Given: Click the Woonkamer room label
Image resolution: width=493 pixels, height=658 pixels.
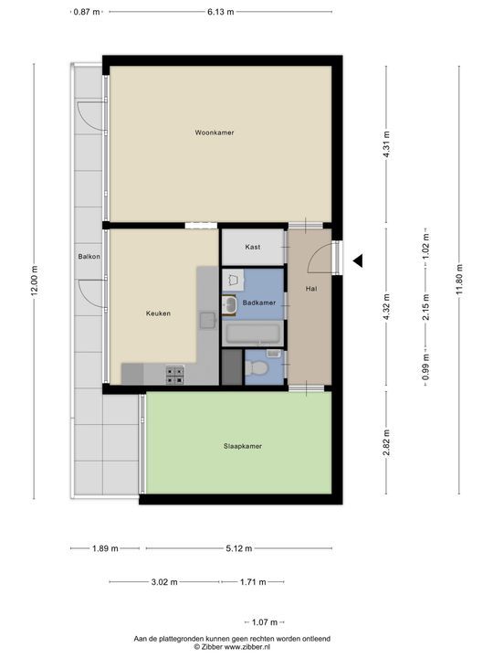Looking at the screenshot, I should click(x=215, y=133).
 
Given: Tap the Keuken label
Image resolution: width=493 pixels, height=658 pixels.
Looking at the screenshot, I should click(x=158, y=313).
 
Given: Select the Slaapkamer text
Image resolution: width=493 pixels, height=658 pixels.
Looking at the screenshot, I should click(x=243, y=446).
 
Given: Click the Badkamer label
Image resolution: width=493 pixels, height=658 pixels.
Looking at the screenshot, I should click(x=259, y=302).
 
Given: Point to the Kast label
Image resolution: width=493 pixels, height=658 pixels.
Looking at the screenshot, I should click(x=253, y=248).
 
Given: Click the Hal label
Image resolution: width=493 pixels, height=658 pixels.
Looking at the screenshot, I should click(x=310, y=290).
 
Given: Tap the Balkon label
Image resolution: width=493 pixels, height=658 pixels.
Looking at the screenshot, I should click(x=88, y=257).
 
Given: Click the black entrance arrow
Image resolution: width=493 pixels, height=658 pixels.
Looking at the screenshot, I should click(x=359, y=260).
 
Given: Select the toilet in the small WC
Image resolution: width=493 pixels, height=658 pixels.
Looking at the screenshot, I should click(x=259, y=368).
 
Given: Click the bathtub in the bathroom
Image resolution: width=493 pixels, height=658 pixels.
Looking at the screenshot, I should click(x=253, y=334).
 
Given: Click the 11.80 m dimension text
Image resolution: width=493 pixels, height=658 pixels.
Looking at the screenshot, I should click(x=458, y=273).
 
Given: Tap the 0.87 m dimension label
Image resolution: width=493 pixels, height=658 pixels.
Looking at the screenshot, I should click(x=87, y=12).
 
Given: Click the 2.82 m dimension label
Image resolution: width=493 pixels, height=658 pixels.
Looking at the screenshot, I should click(x=386, y=442).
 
